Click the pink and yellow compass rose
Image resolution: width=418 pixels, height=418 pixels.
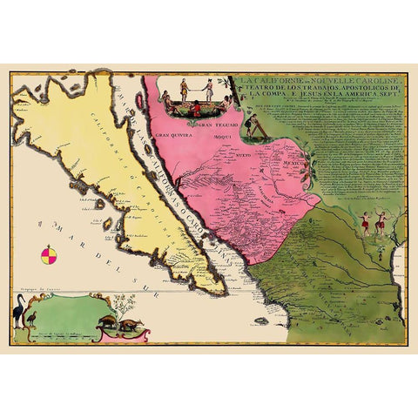tap(51, 255)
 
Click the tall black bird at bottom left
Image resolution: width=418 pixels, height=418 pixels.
tap(18, 310)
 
